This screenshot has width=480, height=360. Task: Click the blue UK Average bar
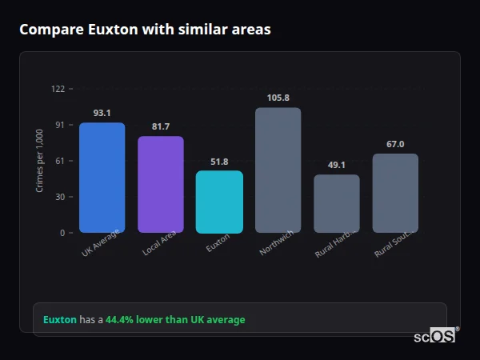click(x=102, y=178)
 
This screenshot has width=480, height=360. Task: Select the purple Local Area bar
click(x=161, y=185)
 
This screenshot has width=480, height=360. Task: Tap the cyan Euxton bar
click(x=219, y=202)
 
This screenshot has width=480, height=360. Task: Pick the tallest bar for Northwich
click(x=278, y=170)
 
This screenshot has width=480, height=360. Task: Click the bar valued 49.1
click(x=336, y=204)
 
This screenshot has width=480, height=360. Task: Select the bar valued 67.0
click(x=395, y=193)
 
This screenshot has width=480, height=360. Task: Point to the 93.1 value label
click(x=102, y=114)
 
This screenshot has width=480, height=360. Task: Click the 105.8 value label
click(x=278, y=98)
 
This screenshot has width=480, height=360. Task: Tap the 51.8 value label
click(x=219, y=162)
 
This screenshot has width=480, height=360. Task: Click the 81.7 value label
click(x=161, y=126)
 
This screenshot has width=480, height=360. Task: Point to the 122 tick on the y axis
click(x=58, y=89)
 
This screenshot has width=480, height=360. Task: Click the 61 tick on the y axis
click(x=60, y=161)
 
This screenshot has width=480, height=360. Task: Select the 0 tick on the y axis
click(x=62, y=233)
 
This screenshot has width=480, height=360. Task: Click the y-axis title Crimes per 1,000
click(x=39, y=161)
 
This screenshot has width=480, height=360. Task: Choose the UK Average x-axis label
click(x=100, y=242)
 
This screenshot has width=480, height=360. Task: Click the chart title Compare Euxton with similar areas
click(x=145, y=30)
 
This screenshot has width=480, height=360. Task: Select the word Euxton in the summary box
click(x=60, y=320)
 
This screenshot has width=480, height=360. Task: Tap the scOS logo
click(x=434, y=337)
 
